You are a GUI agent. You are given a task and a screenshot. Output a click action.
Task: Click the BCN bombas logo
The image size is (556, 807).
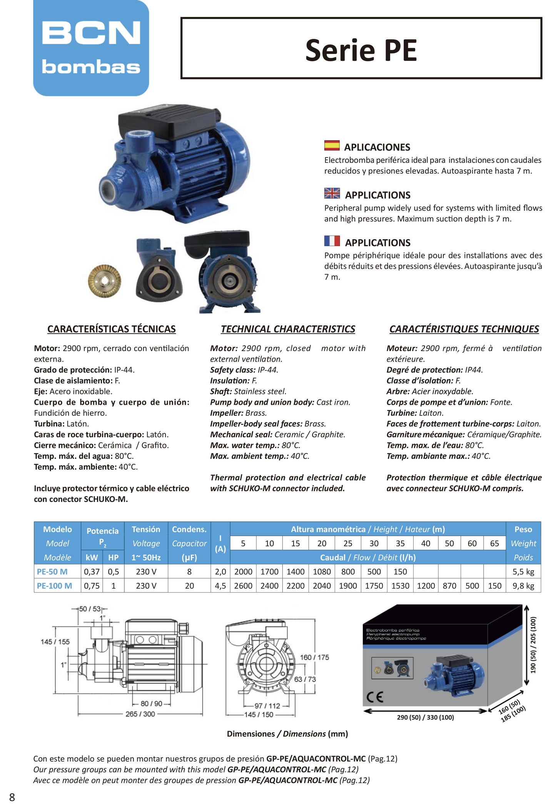click(91, 48)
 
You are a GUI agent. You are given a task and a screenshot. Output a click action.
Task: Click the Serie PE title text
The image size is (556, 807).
click(361, 50)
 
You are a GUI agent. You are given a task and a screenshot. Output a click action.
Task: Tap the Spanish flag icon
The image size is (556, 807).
click(332, 146)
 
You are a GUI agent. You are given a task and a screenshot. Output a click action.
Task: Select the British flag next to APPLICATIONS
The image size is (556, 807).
click(332, 193)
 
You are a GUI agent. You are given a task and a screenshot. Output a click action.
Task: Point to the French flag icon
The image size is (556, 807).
click(332, 241)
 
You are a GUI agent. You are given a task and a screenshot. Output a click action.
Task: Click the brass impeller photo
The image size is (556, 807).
click(104, 281)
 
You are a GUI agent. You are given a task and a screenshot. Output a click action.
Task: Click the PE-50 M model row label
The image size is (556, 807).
click(52, 572)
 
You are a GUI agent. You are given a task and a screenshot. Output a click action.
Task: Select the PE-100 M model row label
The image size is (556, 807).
click(54, 586)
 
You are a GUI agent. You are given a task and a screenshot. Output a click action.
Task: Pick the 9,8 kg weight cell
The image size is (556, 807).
click(523, 586)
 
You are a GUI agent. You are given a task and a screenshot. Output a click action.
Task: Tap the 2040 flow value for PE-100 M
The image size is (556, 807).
click(322, 586)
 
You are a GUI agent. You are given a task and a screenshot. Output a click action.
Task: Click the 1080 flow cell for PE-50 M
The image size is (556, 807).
click(322, 572)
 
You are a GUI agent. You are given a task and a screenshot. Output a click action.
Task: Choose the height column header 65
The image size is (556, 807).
click(494, 544)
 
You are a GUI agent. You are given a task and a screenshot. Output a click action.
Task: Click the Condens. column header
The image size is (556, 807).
click(189, 529)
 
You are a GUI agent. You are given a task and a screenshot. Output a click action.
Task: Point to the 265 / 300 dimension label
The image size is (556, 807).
click(140, 714)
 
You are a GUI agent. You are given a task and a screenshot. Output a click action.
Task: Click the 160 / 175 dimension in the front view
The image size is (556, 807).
click(314, 658)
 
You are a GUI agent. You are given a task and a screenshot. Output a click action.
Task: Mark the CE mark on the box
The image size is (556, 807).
click(375, 698)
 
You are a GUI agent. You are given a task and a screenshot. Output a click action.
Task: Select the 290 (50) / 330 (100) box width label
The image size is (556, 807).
click(425, 718)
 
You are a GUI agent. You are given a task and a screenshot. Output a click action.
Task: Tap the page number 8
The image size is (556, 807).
click(12, 797)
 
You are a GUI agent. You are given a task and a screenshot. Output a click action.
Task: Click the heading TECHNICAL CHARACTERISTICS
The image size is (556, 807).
click(288, 329)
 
